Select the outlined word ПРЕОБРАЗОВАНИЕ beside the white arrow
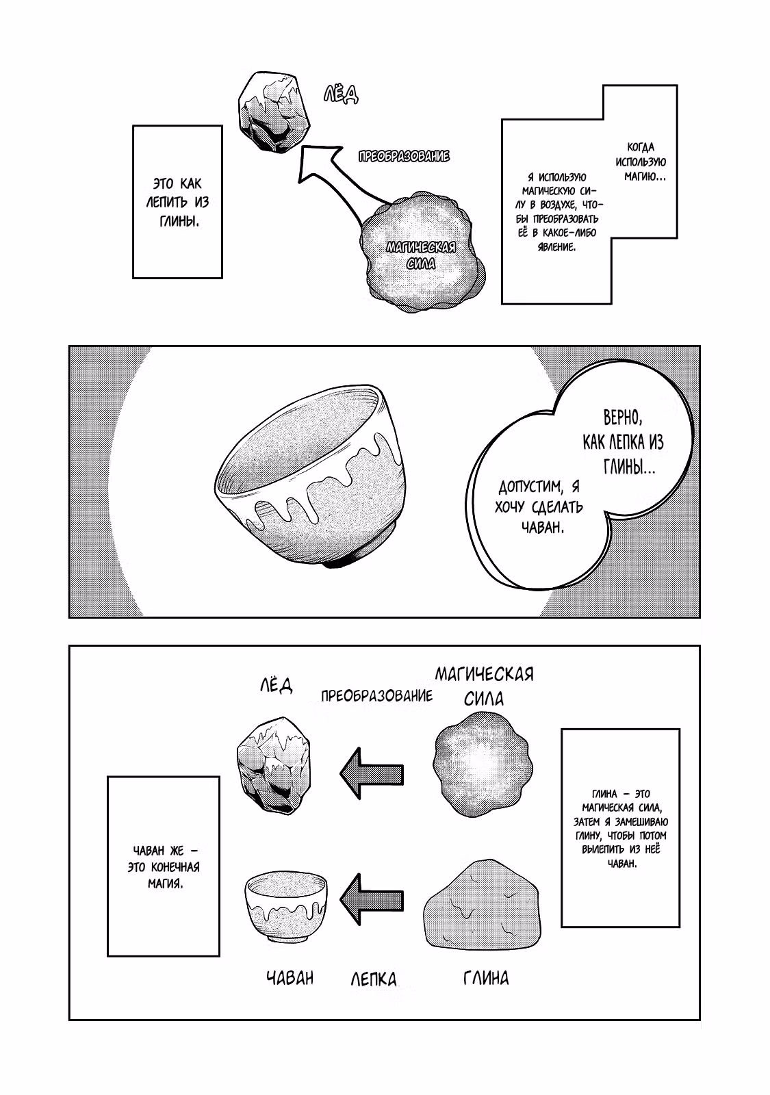coord(404,157)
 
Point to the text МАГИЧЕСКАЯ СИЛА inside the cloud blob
coord(421,255)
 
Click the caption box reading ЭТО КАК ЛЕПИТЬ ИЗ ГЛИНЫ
coord(177,202)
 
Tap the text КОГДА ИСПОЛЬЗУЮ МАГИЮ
coord(641,162)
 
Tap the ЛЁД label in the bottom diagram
coord(277,685)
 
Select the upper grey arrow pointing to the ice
coord(372,773)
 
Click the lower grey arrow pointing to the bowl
coord(372,900)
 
